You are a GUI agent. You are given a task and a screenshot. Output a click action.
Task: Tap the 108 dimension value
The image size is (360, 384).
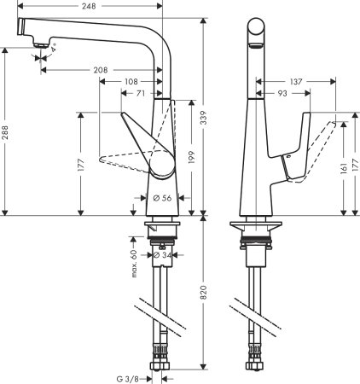[x=131, y=82]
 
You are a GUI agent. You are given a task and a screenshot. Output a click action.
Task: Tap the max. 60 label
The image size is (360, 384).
[x=134, y=264]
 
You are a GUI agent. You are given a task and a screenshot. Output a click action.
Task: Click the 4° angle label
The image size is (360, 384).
[x=53, y=51]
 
